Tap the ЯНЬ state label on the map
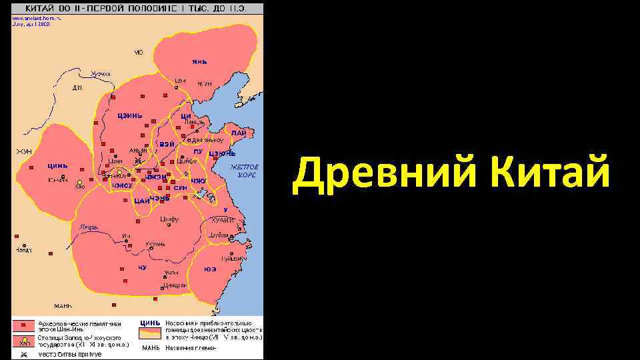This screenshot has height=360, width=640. coord(199,61)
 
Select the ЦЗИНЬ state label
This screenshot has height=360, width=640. coord(130,115)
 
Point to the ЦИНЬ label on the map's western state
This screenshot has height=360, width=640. coord(57,166)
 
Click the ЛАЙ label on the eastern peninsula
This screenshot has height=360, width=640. coord(239,133)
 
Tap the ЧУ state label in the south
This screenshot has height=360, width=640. coord(142,267)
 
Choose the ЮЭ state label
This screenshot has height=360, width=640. coord(210,269)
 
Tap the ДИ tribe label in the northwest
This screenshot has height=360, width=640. coord(77,87)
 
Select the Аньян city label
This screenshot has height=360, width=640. coord(138,150)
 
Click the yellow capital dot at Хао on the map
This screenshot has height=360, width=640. coord(79,182)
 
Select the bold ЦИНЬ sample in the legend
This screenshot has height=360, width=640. coord(150,323)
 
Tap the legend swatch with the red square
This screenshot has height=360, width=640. coord(25,326)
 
